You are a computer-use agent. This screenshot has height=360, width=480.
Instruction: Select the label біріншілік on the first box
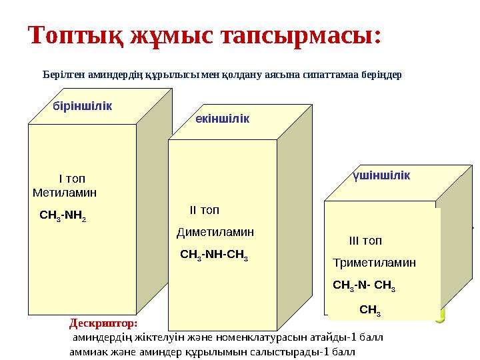pyautogui.click(x=82, y=106)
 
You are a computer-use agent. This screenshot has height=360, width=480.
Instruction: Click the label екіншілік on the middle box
pyautogui.click(x=223, y=118)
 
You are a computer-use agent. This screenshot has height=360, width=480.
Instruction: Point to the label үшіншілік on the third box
pyautogui.click(x=381, y=175)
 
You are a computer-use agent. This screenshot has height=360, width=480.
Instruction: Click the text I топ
pyautogui.click(x=72, y=179)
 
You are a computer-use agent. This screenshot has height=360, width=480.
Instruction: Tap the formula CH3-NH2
pyautogui.click(x=63, y=216)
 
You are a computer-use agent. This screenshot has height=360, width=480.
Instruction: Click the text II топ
pyautogui.click(x=204, y=211)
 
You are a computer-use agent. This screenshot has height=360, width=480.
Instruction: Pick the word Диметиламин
pyautogui.click(x=215, y=233)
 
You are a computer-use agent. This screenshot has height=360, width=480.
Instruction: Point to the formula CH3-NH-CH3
pyautogui.click(x=215, y=255)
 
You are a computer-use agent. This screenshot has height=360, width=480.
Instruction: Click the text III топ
pyautogui.click(x=365, y=241)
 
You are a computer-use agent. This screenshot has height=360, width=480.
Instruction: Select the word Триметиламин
pyautogui.click(x=374, y=263)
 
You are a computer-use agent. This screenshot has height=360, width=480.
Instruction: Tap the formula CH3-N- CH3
pyautogui.click(x=364, y=286)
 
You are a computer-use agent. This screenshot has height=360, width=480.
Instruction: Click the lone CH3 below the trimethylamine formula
pyautogui.click(x=370, y=310)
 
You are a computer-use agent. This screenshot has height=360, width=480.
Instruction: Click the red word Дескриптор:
pyautogui.click(x=103, y=323)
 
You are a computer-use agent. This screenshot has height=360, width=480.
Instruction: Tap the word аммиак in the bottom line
pyautogui.click(x=87, y=351)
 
